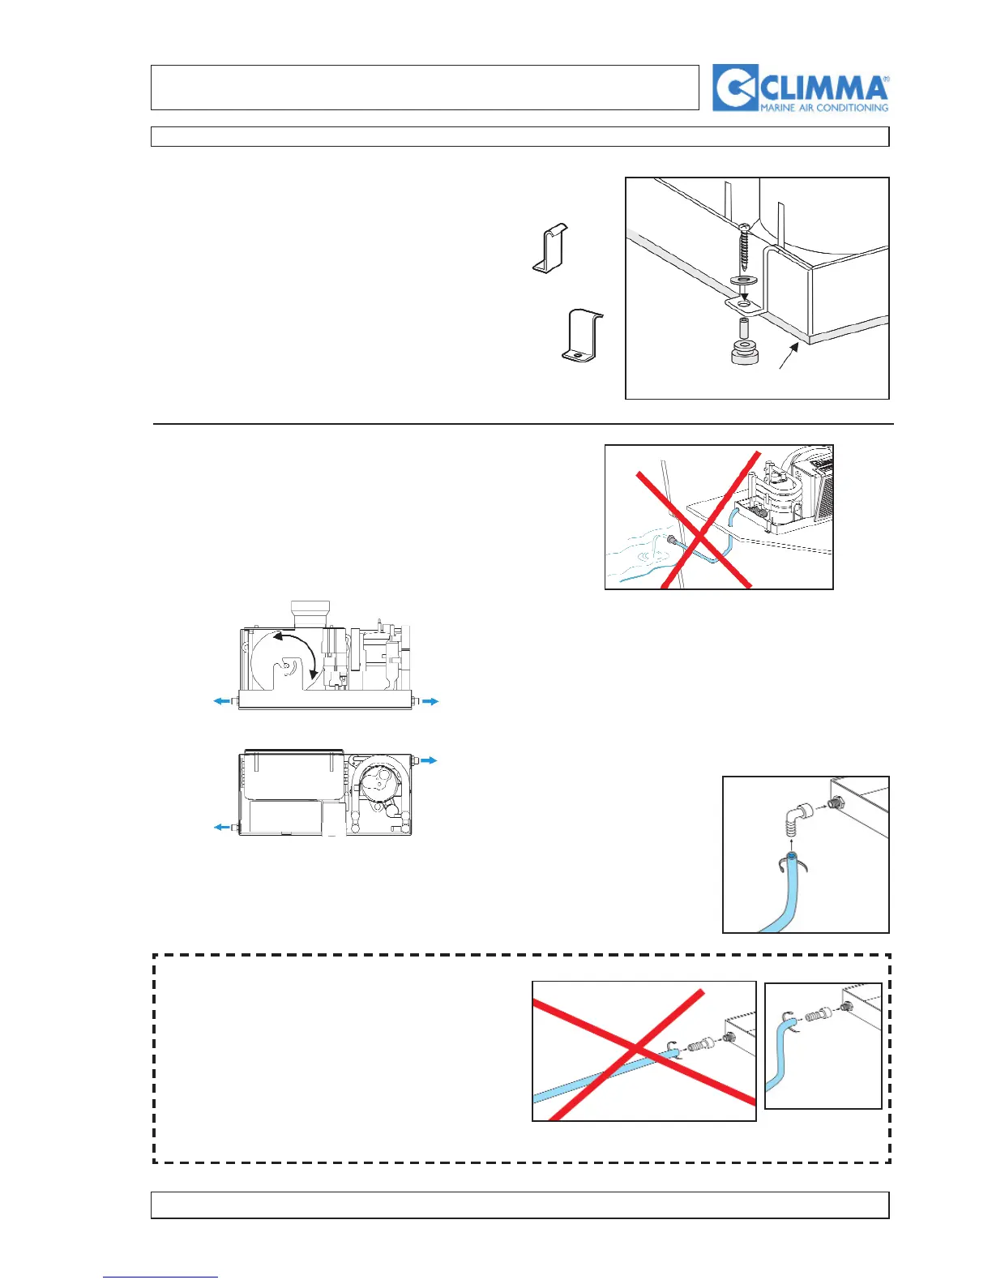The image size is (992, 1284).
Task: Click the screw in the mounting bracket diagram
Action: [x=745, y=246]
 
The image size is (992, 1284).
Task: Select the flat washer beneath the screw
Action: [x=745, y=281]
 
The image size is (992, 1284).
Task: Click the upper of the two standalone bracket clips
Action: [x=551, y=248]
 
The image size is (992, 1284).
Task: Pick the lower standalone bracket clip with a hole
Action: [x=582, y=334]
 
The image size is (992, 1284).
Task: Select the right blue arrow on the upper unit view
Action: [x=430, y=701]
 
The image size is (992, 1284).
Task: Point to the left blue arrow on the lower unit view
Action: [x=221, y=827]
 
